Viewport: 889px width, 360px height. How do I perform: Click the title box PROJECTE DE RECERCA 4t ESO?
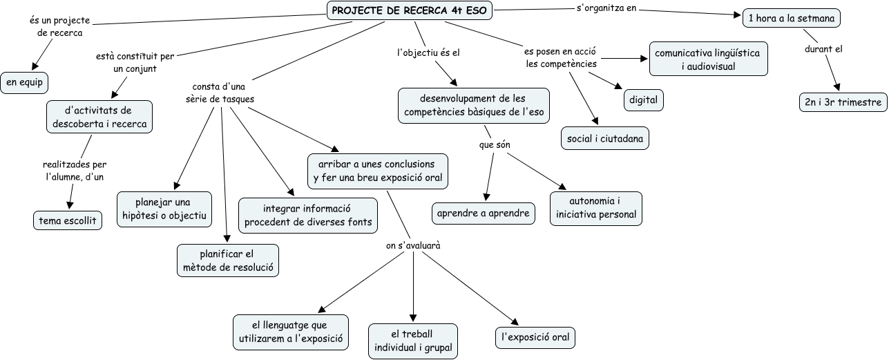pyautogui.click(x=410, y=10)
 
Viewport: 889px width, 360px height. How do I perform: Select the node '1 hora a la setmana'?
pyautogui.click(x=791, y=19)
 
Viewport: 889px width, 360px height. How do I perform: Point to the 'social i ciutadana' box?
pyautogui.click(x=605, y=138)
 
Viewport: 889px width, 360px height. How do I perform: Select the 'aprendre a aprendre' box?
pyautogui.click(x=484, y=214)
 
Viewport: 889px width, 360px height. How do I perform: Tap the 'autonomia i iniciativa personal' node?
pyautogui.click(x=595, y=208)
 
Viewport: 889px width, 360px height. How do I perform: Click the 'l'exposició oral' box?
pyautogui.click(x=535, y=338)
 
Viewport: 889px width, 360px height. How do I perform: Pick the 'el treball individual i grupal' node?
pyautogui.click(x=413, y=341)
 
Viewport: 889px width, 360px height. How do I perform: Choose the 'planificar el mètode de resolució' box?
pyautogui.click(x=228, y=260)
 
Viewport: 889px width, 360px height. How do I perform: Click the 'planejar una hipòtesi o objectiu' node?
pyautogui.click(x=164, y=209)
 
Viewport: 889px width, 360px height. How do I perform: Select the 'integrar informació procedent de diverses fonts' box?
pyautogui.click(x=308, y=215)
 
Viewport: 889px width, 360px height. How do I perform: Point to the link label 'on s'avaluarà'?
pyautogui.click(x=413, y=245)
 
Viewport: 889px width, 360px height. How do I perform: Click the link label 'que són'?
pyautogui.click(x=494, y=145)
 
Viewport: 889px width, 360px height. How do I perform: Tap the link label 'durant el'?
pyautogui.click(x=823, y=49)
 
